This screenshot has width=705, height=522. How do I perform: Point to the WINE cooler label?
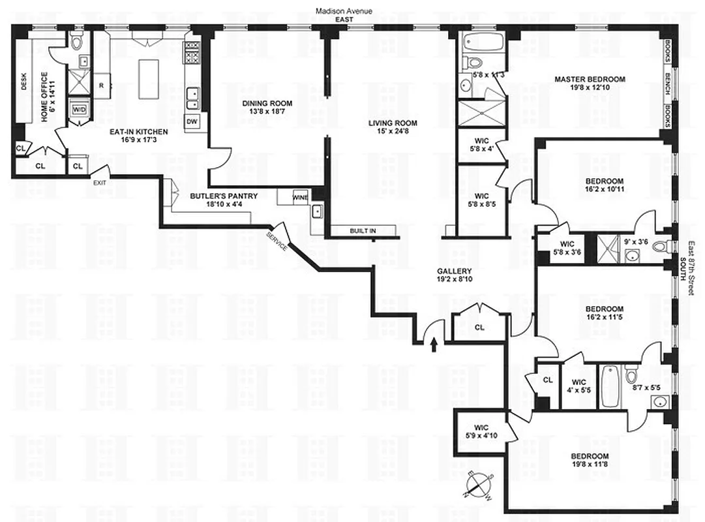pos(300,197)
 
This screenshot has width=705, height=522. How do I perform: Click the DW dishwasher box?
pos(192,121)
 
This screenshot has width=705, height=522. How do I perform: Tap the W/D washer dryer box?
pos(80,110)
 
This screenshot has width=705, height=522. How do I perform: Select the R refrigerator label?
pos(102,85)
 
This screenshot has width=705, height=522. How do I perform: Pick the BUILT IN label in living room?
pos(362,230)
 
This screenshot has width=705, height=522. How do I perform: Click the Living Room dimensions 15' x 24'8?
pos(392,132)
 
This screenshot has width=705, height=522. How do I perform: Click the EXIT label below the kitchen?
pos(100,182)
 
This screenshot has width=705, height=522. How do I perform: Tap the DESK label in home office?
pos(24,80)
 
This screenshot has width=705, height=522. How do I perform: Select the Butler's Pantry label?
pos(224,196)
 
